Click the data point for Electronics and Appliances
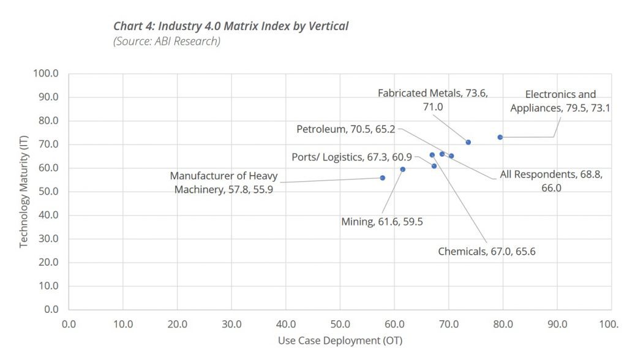pyautogui.click(x=500, y=137)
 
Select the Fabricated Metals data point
pyautogui.click(x=468, y=142)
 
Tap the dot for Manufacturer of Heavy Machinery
pyautogui.click(x=383, y=178)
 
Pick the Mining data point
pyautogui.click(x=403, y=169)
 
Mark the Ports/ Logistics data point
pyautogui.click(x=434, y=166)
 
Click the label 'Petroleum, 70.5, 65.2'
pyautogui.click(x=346, y=129)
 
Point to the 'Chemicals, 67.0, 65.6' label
pyautogui.click(x=487, y=251)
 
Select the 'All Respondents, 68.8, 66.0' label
pyautogui.click(x=551, y=181)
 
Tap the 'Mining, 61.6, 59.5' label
pyautogui.click(x=381, y=222)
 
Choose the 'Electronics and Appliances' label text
pyautogui.click(x=560, y=100)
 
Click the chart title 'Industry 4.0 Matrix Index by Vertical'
pyautogui.click(x=231, y=26)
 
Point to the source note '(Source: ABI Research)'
pyautogui.click(x=167, y=41)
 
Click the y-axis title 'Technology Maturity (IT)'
pyautogui.click(x=24, y=191)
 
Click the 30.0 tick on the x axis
pyautogui.click(x=231, y=323)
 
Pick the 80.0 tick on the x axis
pyautogui.click(x=503, y=323)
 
